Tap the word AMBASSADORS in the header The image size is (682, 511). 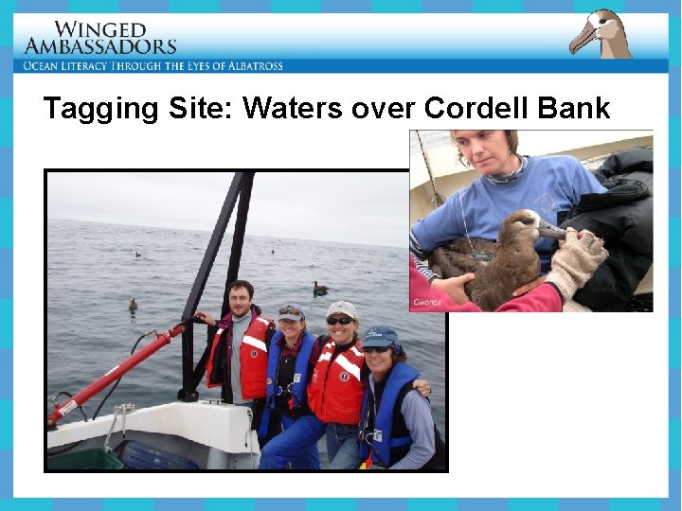point(99,46)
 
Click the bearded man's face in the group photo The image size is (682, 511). point(241,302)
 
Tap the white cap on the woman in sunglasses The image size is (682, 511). point(342,309)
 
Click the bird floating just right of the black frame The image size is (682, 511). point(320,288)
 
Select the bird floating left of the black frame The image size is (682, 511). point(133,305)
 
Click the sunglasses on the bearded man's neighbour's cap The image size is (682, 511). point(290,311)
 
